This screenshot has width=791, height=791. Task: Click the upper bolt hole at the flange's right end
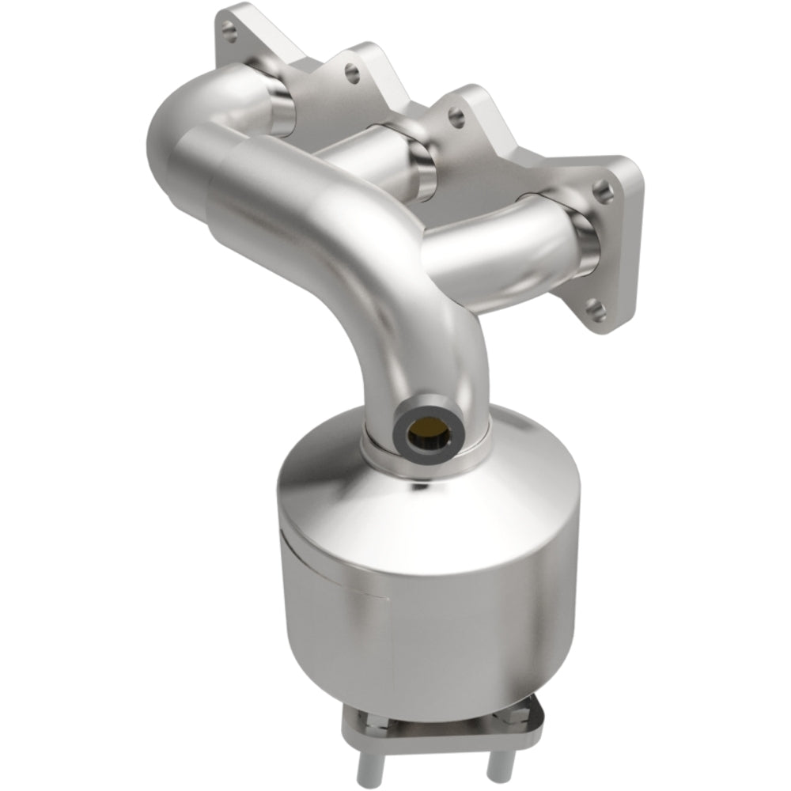point(603,188)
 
